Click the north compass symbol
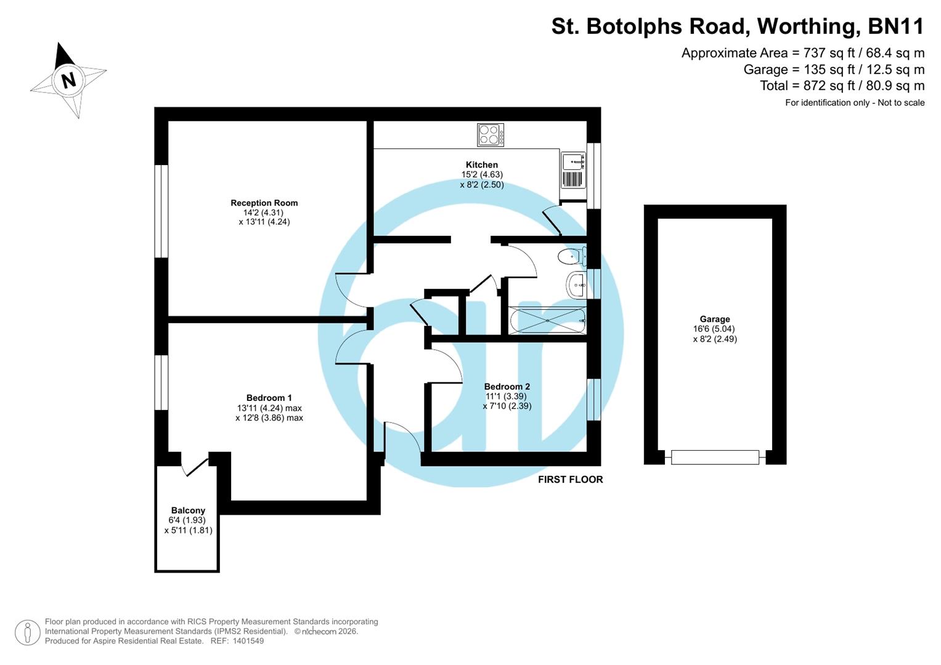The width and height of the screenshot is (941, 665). (68, 80)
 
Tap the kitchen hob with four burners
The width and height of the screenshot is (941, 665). (491, 135)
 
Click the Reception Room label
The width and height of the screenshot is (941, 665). (264, 203)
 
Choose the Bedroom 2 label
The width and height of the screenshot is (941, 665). (507, 387)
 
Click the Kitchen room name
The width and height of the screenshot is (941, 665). (481, 164)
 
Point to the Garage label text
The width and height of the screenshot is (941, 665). (714, 319)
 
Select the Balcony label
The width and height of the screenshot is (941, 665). (188, 510)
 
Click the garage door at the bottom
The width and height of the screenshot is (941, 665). (715, 457)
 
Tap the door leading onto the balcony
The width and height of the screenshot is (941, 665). (195, 466)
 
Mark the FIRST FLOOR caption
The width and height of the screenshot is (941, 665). (570, 480)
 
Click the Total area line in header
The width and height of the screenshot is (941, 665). (842, 86)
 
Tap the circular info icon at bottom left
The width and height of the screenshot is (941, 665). (28, 632)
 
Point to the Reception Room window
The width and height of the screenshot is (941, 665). (161, 211)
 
